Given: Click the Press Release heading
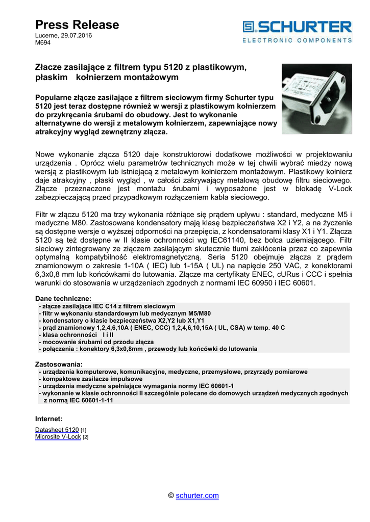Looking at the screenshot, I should click(77, 25).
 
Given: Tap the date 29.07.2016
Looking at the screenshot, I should click(76, 36).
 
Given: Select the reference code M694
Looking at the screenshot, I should click(42, 43).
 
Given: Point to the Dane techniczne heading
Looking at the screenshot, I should click(63, 298).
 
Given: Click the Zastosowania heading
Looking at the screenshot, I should click(58, 364).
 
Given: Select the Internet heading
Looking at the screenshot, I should click(48, 419).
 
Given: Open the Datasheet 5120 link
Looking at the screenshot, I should click(57, 430).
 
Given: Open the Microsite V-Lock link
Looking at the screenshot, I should click(58, 437).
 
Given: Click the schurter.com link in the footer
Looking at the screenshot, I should click(197, 495).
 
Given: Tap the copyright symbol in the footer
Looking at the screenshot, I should click(171, 495).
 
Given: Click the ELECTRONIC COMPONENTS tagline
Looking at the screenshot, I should click(297, 40).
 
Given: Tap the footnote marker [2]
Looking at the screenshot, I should click(86, 437).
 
